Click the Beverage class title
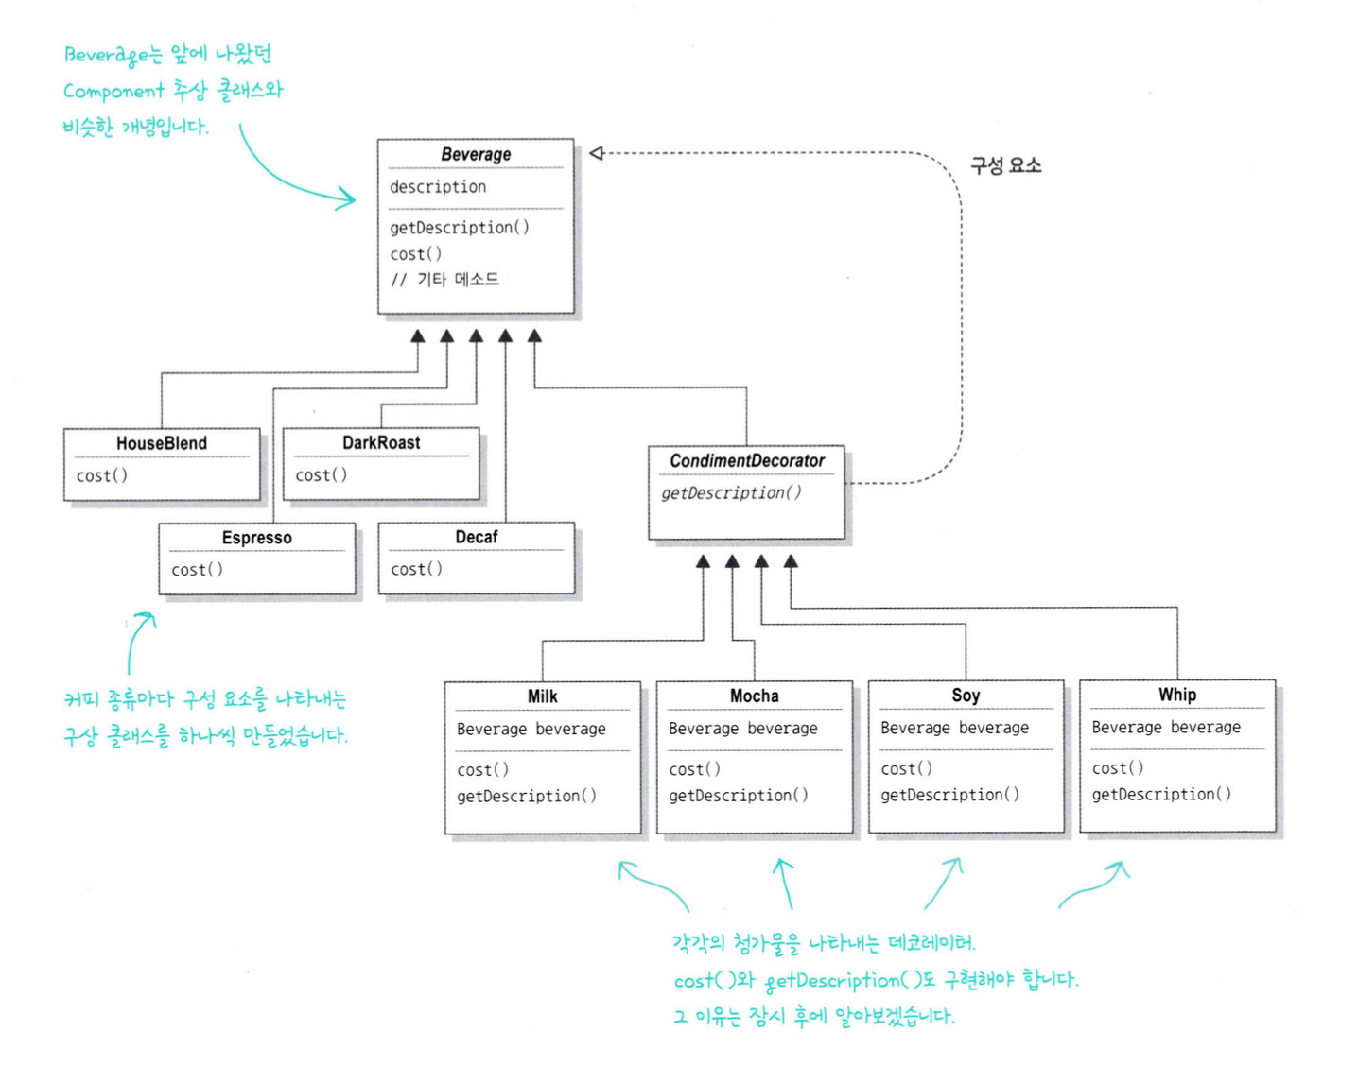pos(476,154)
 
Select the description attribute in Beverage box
pos(438,187)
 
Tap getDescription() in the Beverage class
pos(460,228)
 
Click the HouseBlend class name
pos(162,443)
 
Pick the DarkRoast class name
pos(381,442)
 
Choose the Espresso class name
pos(257,538)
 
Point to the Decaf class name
pos(477,537)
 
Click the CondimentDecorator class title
pos(747,461)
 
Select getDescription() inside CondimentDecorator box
pos(731,493)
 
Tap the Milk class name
pos(543,696)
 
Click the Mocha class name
pos(755,696)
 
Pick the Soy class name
pos(966,696)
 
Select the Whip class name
pos(1177,695)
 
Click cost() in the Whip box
pos(1118,768)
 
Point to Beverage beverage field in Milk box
pos(531,730)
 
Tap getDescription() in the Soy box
pos(949,795)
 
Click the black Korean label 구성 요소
pos(1005,166)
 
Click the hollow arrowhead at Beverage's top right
pos(596,153)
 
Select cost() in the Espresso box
pos(197,570)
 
